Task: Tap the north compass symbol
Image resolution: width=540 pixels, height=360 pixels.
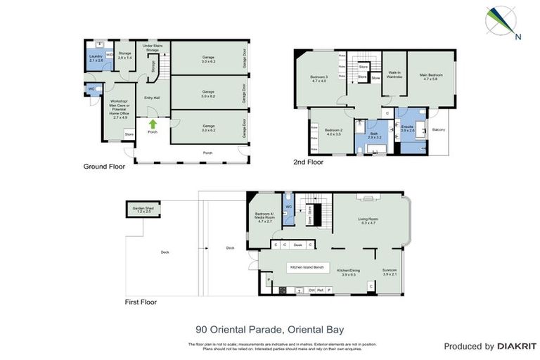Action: [500, 21]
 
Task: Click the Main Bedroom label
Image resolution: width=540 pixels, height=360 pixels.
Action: [430, 76]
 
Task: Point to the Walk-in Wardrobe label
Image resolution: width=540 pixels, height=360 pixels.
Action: [394, 75]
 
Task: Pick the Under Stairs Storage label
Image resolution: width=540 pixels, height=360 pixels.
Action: [153, 47]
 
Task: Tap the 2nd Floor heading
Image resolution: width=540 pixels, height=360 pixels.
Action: [308, 162]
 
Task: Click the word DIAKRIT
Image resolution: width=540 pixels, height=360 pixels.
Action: [517, 347]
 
